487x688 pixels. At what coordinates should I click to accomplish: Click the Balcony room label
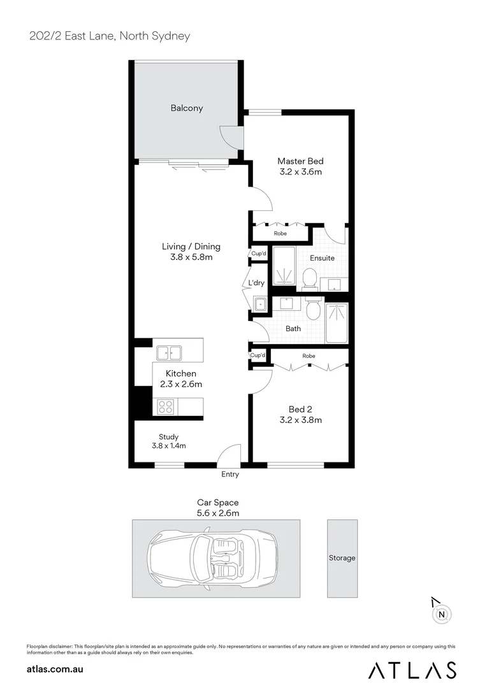point(187,108)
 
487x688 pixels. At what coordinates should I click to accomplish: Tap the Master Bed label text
point(300,161)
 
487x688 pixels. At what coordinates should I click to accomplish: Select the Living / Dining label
point(191,247)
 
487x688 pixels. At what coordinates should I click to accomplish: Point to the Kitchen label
point(181,373)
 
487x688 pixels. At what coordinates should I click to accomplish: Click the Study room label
point(168,437)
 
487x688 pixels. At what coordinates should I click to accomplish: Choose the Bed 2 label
point(300,409)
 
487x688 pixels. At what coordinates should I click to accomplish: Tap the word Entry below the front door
point(230,474)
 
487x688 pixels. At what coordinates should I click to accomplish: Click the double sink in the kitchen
point(168,352)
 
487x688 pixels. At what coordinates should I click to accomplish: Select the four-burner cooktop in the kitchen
point(165,406)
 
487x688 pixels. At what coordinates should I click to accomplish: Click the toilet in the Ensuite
point(310,278)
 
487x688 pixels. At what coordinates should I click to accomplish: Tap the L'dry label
point(256,283)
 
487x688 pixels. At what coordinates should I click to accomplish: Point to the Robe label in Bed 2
point(309,355)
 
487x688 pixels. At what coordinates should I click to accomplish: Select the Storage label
point(342,558)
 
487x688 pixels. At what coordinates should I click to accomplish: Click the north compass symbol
point(441,614)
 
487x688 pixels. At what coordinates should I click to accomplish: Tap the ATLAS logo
point(412,670)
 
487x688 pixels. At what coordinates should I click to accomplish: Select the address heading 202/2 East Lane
point(110,36)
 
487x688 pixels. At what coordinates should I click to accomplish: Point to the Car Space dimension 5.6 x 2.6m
point(217,512)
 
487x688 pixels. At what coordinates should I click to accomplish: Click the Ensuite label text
point(322,258)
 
